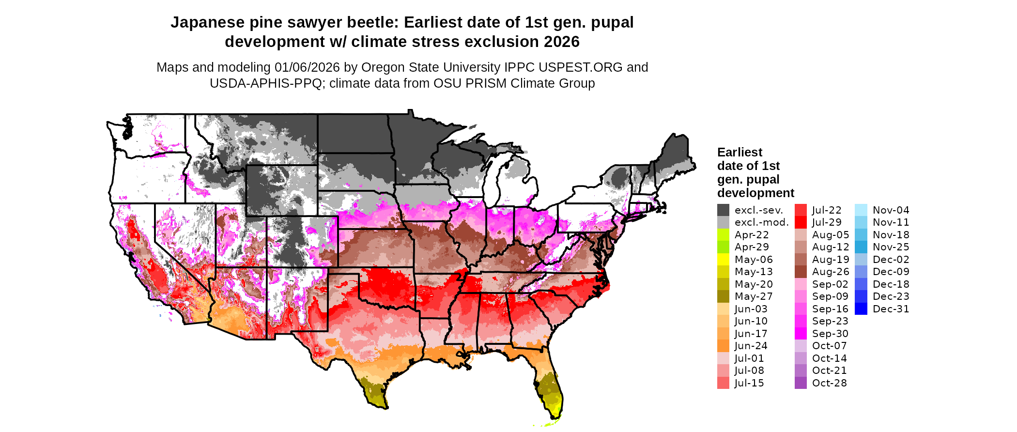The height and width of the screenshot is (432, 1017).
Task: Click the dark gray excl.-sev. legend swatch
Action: tap(723, 210)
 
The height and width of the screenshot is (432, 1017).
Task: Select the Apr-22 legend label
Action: tap(752, 235)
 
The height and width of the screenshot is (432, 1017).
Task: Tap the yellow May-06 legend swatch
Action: tap(723, 260)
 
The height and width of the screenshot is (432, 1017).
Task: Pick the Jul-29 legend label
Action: tap(827, 222)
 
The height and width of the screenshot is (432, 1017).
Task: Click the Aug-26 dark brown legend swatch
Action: tap(801, 272)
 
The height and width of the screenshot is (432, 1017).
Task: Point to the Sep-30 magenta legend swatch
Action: tap(801, 334)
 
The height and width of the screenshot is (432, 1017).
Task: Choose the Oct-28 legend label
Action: tap(829, 383)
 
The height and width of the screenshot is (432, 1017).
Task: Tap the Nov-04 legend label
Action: tap(891, 210)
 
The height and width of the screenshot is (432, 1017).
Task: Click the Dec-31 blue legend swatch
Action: tap(861, 309)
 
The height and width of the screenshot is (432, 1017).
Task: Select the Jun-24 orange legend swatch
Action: tap(723, 346)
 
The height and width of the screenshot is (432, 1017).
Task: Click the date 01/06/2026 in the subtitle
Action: tap(307, 67)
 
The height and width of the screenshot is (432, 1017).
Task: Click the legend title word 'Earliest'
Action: tap(740, 153)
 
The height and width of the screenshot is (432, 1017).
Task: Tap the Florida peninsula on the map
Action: tap(549, 387)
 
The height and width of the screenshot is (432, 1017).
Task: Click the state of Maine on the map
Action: tap(675, 155)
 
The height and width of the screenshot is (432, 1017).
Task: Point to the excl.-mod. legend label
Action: tap(761, 222)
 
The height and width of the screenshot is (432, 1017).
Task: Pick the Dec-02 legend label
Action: tap(891, 260)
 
